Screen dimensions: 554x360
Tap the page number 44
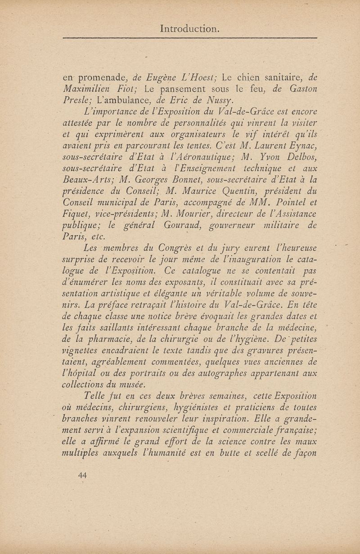[83, 475]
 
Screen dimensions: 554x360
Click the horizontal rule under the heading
[189, 38]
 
